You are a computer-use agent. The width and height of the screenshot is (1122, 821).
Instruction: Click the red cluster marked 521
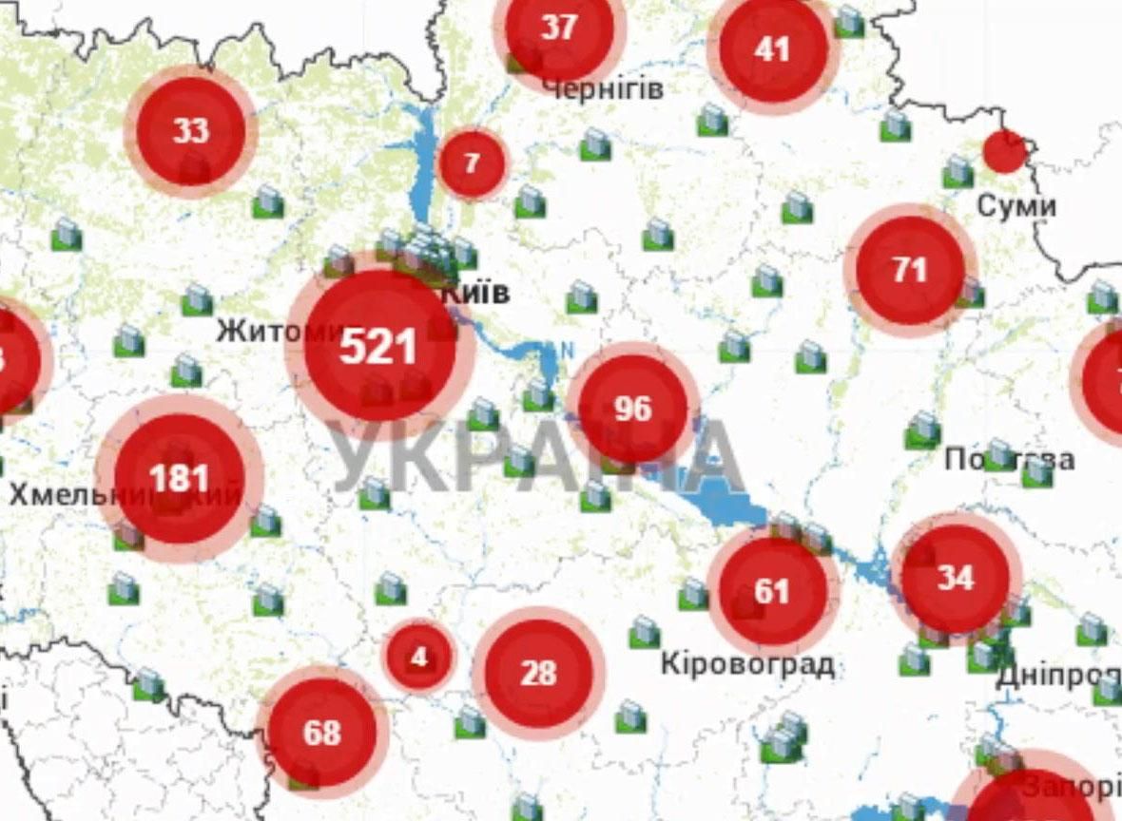click(378, 346)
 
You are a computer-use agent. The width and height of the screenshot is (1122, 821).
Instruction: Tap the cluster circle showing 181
click(179, 478)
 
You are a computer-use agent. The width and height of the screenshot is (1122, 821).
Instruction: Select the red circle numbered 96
click(632, 410)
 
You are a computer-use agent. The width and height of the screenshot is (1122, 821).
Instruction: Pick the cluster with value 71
click(910, 270)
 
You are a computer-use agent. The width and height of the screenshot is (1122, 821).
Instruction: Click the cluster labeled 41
click(772, 48)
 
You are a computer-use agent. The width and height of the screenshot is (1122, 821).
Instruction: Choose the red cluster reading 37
click(559, 29)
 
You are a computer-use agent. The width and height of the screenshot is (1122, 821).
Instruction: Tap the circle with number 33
click(190, 131)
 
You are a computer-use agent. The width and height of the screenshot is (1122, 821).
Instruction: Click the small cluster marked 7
click(472, 163)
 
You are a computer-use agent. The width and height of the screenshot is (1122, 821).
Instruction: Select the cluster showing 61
click(772, 592)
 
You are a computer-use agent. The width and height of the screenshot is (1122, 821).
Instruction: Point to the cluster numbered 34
click(955, 578)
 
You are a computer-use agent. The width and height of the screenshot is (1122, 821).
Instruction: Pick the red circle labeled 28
click(538, 674)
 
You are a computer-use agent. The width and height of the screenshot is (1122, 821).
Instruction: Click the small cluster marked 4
click(419, 657)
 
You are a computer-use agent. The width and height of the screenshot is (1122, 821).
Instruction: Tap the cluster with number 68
click(321, 733)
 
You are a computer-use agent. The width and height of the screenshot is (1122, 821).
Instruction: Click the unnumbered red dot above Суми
click(1004, 152)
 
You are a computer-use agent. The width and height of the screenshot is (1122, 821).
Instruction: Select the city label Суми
click(1016, 206)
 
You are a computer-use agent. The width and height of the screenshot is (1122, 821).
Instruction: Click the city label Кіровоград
click(747, 663)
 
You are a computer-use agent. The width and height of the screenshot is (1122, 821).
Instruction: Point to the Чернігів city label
click(603, 88)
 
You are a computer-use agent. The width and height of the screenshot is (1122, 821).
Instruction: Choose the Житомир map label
click(276, 331)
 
